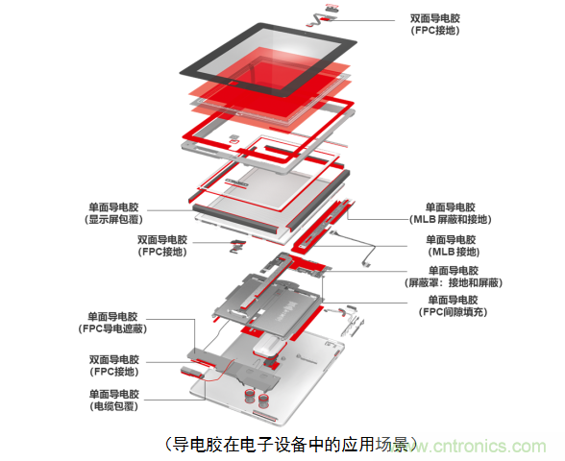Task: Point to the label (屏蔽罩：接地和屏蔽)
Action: tap(454, 282)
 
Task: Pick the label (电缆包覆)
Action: tap(114, 406)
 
